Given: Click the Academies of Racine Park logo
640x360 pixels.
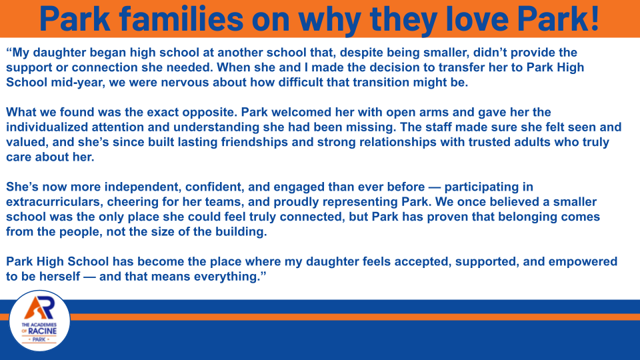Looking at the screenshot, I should (x=40, y=321).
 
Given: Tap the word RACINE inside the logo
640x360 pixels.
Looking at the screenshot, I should (x=49, y=329).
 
